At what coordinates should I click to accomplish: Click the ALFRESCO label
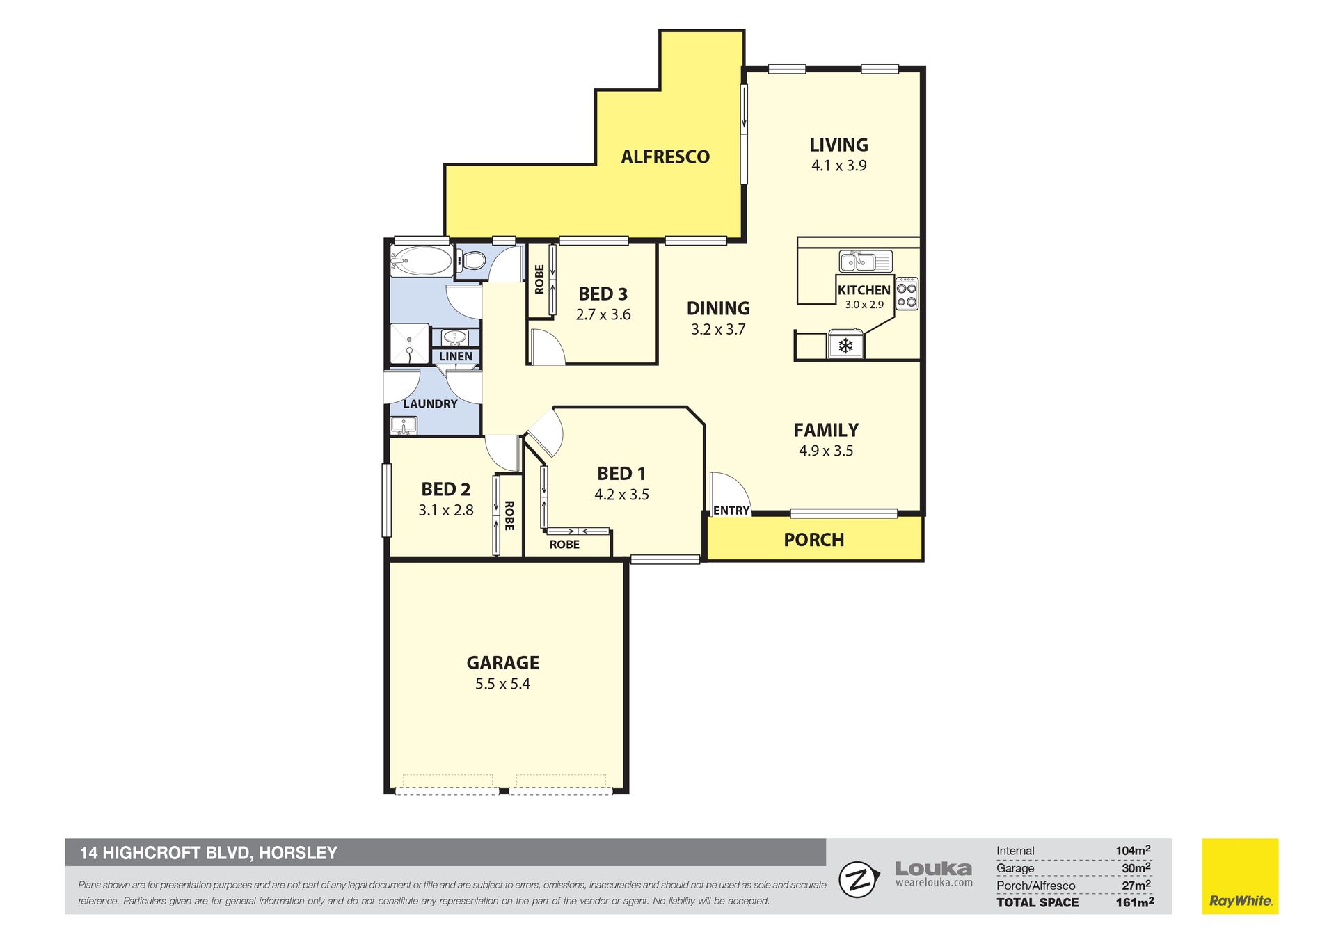(665, 157)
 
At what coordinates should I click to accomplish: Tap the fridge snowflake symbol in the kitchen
(845, 346)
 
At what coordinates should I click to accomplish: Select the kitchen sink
(866, 262)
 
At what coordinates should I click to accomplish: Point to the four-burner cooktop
(907, 294)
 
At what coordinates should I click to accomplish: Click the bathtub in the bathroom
(421, 262)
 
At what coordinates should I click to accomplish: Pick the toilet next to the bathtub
(470, 261)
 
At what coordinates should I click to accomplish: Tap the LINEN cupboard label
(456, 356)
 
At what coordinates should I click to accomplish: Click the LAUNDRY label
(430, 404)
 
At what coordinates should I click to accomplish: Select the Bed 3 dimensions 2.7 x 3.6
(603, 314)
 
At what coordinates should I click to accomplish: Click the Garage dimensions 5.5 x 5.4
(502, 684)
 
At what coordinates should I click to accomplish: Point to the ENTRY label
(731, 511)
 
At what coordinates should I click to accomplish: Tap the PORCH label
(814, 540)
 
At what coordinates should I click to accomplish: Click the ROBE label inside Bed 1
(564, 545)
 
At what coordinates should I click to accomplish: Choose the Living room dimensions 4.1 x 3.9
(838, 166)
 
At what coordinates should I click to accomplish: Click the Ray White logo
(1240, 876)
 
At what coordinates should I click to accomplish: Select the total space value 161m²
(1135, 902)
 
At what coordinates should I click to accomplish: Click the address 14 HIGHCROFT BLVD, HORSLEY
(209, 853)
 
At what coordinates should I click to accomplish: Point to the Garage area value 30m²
(1136, 868)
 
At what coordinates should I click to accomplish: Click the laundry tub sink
(403, 424)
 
